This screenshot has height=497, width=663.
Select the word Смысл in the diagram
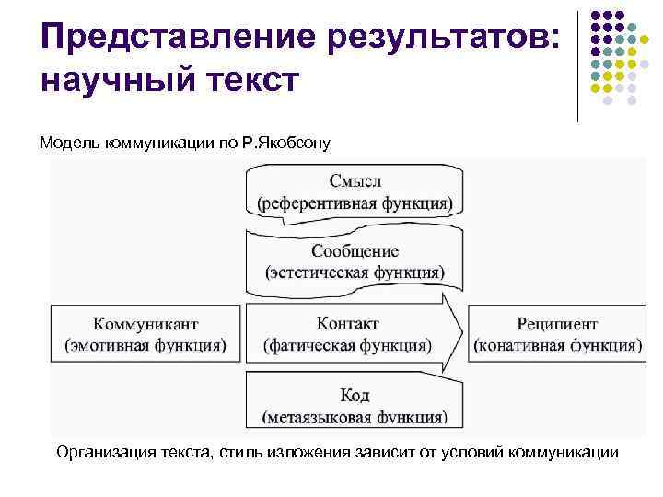click(x=355, y=180)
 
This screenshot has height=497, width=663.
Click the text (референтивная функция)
click(x=355, y=202)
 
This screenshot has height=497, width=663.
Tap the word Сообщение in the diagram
click(x=355, y=250)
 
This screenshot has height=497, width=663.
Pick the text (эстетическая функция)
click(x=355, y=272)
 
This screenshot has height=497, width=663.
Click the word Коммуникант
click(x=145, y=324)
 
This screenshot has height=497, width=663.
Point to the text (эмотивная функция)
click(x=145, y=345)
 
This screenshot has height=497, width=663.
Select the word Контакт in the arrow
click(x=348, y=324)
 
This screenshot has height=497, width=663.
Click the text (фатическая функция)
click(x=348, y=345)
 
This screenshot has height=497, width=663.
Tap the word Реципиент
click(x=557, y=324)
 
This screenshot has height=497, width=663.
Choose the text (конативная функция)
click(x=557, y=345)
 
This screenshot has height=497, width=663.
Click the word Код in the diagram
click(x=355, y=395)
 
